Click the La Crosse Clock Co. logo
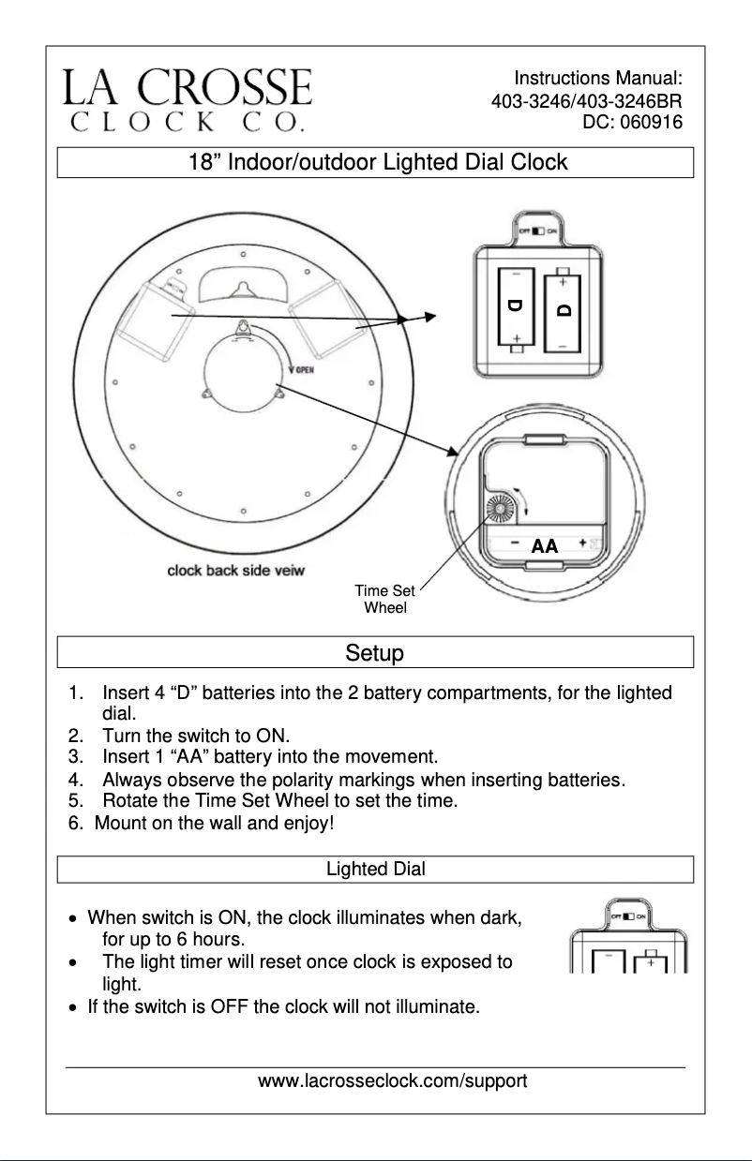[x=188, y=97]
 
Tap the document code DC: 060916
[x=632, y=122]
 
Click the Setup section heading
[x=375, y=652]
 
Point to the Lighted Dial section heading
[x=375, y=870]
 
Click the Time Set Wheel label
[x=385, y=599]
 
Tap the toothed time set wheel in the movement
[x=499, y=511]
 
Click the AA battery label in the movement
[x=544, y=545]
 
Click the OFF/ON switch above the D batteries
[x=537, y=231]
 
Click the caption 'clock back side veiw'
[x=235, y=570]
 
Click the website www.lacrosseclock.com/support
[x=392, y=1081]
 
